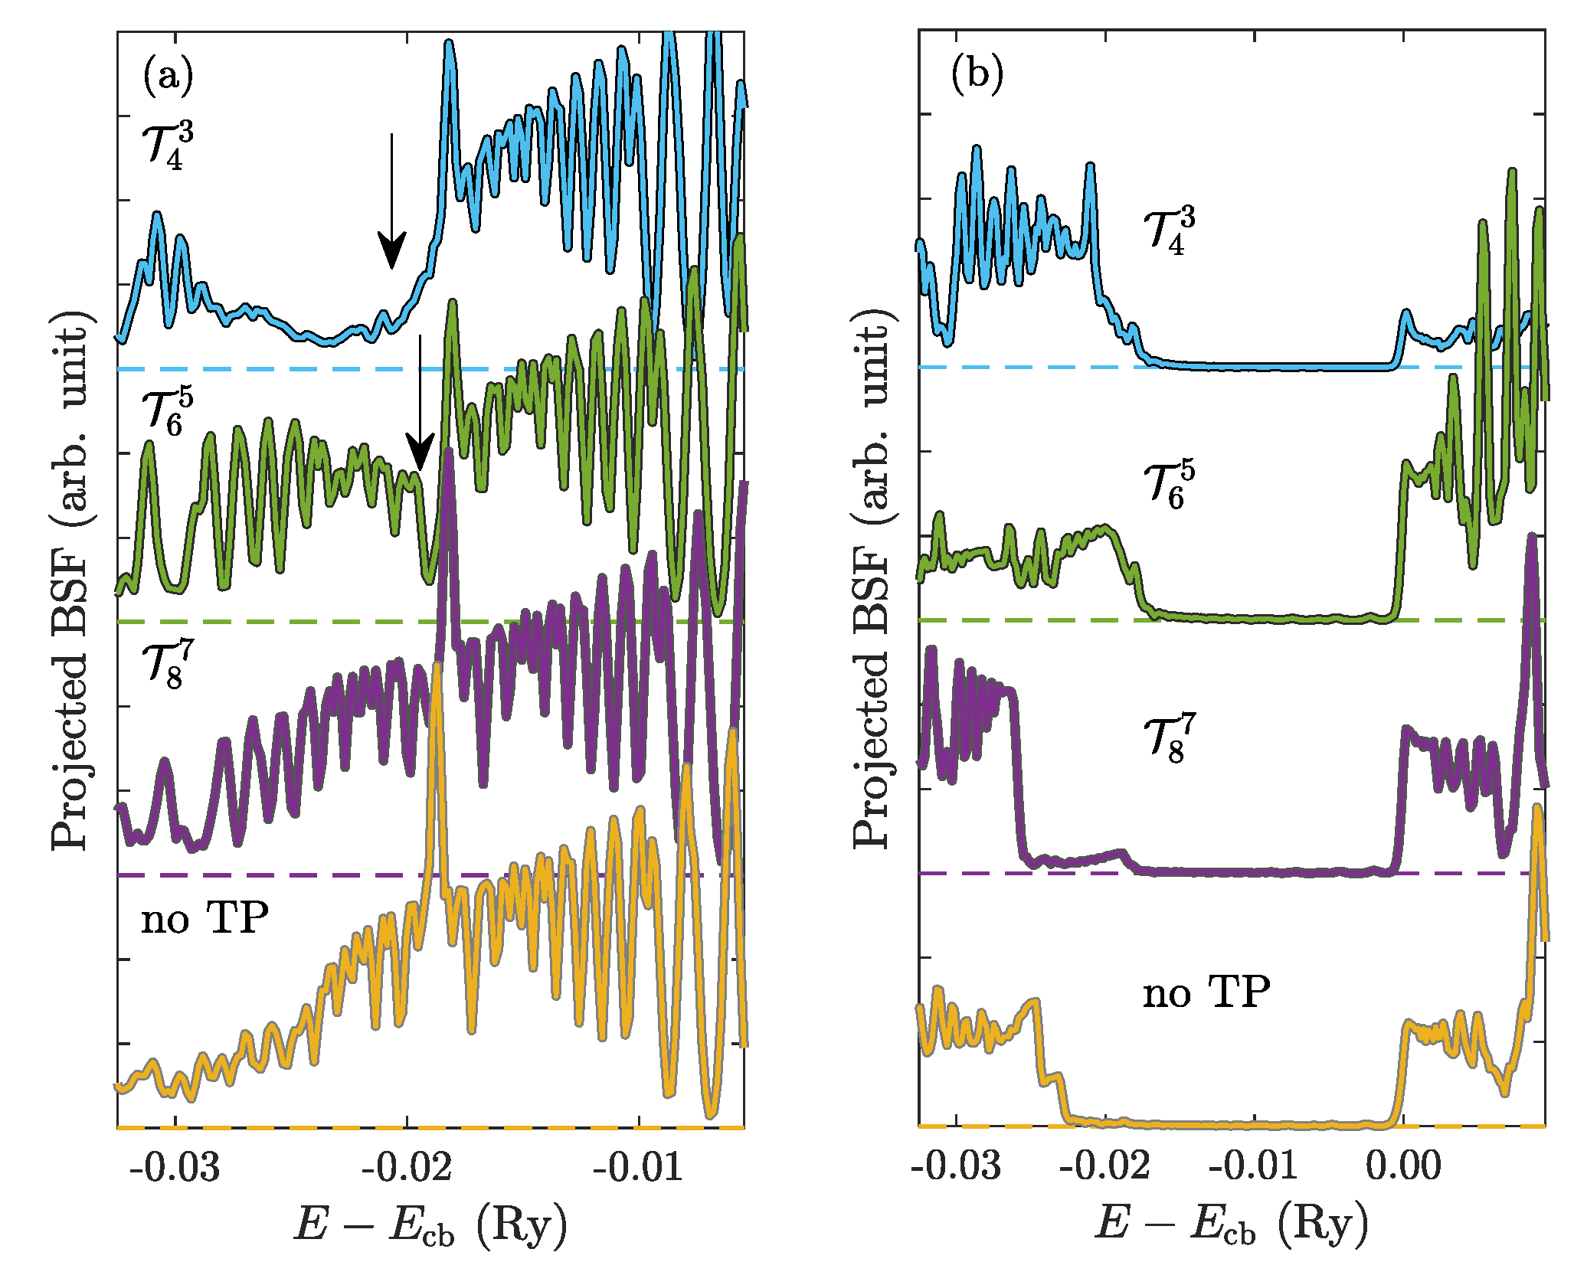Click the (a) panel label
click(168, 77)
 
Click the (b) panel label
click(976, 77)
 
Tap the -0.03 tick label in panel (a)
click(175, 1167)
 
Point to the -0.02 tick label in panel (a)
click(407, 1167)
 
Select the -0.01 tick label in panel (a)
click(638, 1167)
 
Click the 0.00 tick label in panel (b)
click(1403, 1166)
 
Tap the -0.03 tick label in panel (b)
click(957, 1166)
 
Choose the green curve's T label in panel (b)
click(1168, 485)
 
